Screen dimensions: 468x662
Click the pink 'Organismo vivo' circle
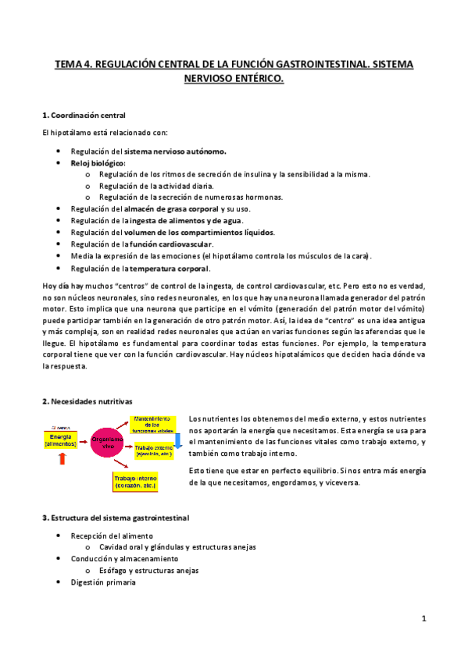109,442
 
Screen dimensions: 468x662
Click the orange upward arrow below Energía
63,459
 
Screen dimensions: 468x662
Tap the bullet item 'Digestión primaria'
102,582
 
